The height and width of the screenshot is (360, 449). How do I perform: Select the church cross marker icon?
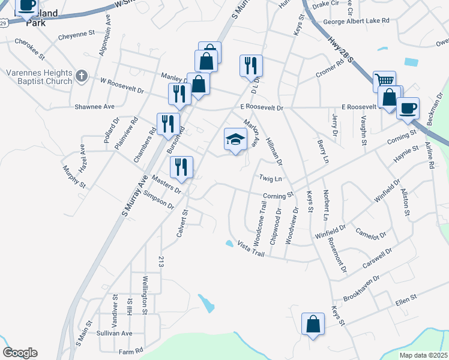coord(82,76)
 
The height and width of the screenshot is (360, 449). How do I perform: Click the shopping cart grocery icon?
coord(384,81)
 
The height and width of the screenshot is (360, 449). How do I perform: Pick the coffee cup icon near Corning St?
coord(408,108)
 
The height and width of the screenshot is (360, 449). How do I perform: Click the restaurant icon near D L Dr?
coord(251,65)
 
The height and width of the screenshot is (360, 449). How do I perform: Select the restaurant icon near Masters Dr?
coord(181,167)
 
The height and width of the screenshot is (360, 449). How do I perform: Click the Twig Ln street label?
coord(270,178)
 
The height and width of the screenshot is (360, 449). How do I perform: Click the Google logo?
coord(20,353)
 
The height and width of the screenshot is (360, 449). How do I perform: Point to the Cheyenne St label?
coord(76,36)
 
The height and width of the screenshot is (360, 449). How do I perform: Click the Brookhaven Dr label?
coord(361,288)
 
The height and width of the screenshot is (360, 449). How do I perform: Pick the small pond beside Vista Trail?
coord(229,244)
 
